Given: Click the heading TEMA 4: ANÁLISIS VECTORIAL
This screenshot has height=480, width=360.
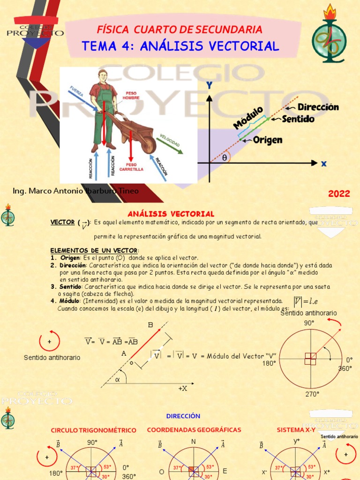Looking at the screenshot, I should click(180, 46).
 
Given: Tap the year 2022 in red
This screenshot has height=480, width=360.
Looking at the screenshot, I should click(339, 194).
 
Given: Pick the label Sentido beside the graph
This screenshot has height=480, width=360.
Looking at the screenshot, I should click(298, 119).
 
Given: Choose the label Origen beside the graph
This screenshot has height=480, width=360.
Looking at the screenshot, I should click(268, 140).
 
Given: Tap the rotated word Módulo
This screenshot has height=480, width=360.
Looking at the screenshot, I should click(248, 117).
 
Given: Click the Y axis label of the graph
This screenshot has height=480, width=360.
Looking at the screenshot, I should click(210, 85).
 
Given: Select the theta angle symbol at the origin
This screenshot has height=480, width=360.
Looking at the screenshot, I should click(225, 158).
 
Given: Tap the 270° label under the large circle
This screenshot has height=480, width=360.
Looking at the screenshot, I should click(312, 394).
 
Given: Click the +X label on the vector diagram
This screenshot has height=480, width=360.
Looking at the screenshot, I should click(182, 389).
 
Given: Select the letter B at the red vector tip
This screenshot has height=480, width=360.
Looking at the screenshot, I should click(150, 325).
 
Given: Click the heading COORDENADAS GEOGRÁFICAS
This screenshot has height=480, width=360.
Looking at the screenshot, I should click(194, 430).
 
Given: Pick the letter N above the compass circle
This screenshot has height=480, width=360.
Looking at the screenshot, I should click(193, 442).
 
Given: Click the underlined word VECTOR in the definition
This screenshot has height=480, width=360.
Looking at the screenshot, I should click(62, 222).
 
